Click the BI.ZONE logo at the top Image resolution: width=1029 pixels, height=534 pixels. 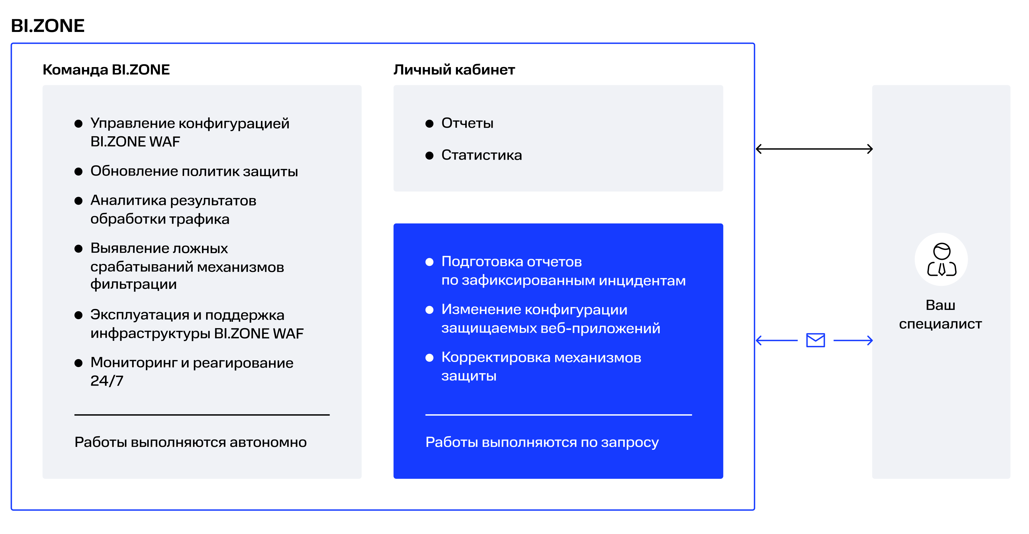pyautogui.click(x=48, y=26)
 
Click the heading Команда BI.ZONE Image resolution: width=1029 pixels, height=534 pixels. pyautogui.click(x=106, y=70)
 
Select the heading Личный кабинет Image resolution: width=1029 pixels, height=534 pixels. pyautogui.click(x=454, y=70)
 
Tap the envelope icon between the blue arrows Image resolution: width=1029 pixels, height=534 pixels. pyautogui.click(x=815, y=340)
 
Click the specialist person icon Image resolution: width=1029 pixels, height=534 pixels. pyautogui.click(x=941, y=259)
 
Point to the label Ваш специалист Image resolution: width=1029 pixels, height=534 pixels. pyautogui.click(x=940, y=315)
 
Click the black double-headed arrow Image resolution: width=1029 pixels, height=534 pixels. pyautogui.click(x=814, y=149)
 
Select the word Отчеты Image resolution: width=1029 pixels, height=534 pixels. pyautogui.click(x=467, y=124)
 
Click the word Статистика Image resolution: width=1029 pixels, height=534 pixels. pyautogui.click(x=481, y=155)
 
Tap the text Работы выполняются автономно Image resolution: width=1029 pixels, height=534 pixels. pyautogui.click(x=190, y=442)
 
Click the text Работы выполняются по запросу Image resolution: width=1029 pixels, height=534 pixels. pyautogui.click(x=542, y=442)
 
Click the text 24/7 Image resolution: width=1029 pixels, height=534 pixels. pyautogui.click(x=107, y=381)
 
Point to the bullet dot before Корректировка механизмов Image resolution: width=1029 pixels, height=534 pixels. pyautogui.click(x=429, y=358)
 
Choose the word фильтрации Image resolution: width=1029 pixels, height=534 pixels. pyautogui.click(x=133, y=284)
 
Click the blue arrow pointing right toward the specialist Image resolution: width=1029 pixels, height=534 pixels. pyautogui.click(x=853, y=341)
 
